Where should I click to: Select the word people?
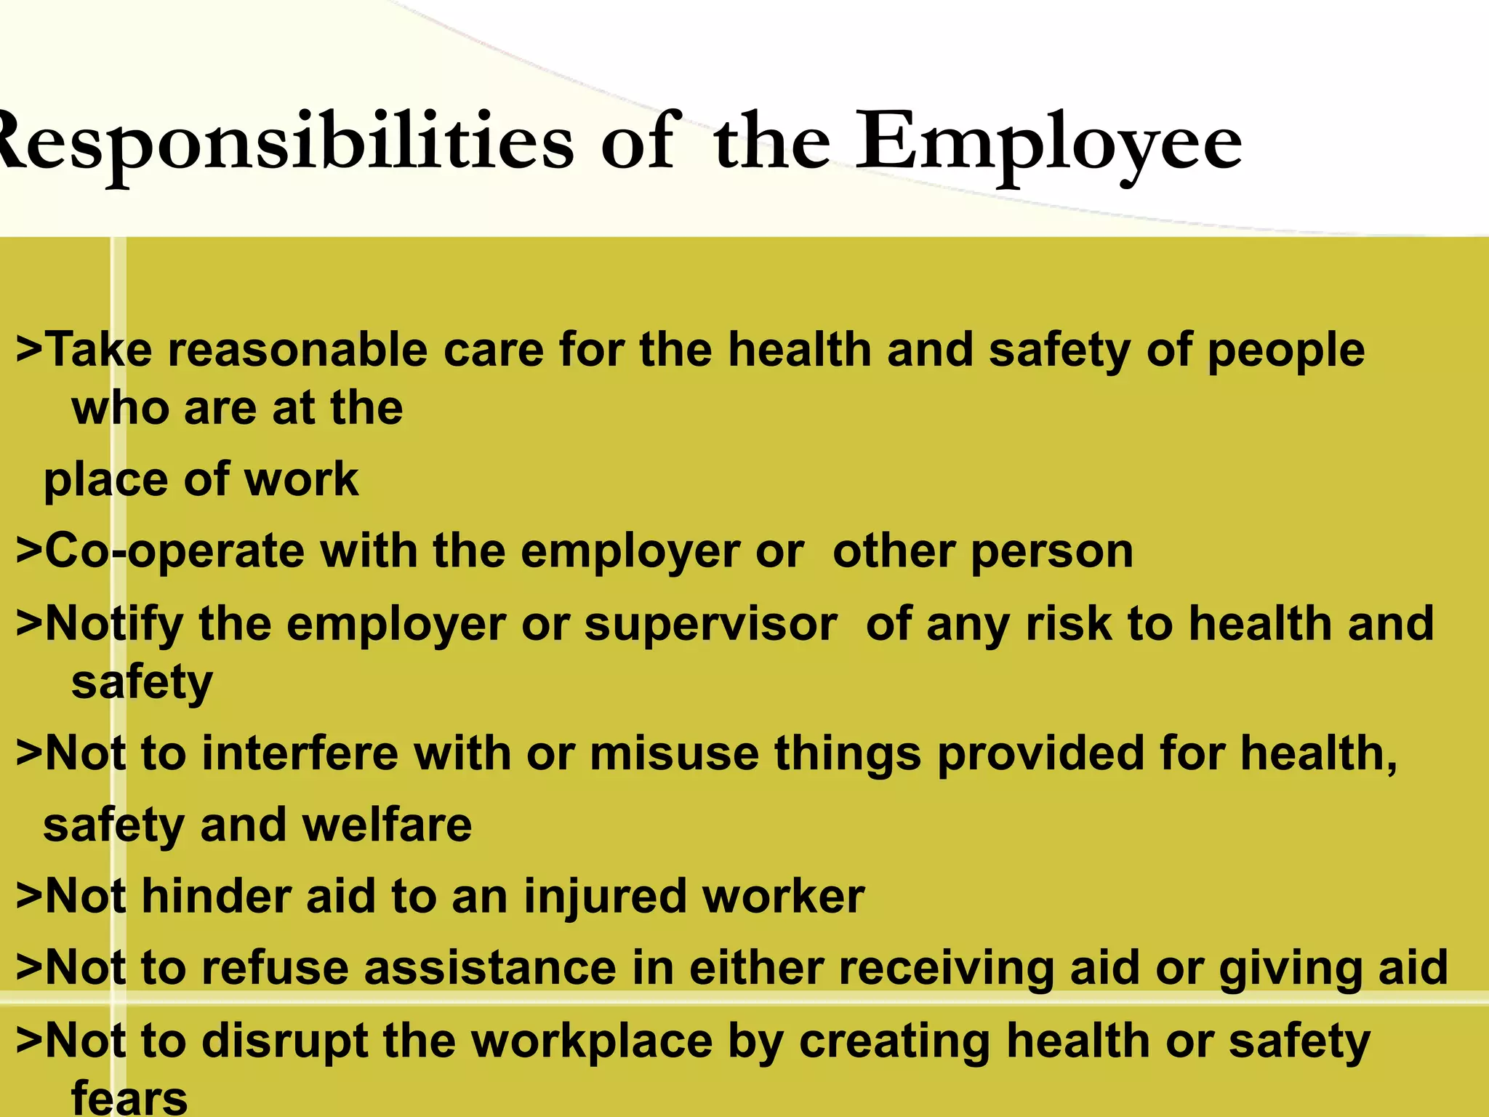pos(1285,350)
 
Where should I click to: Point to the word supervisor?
pos(710,624)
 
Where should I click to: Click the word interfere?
pos(300,753)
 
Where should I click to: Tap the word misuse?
pos(674,753)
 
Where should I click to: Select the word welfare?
pos(387,825)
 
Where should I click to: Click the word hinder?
pos(215,896)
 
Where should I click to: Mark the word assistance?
pos(490,968)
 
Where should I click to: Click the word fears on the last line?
pos(129,1098)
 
